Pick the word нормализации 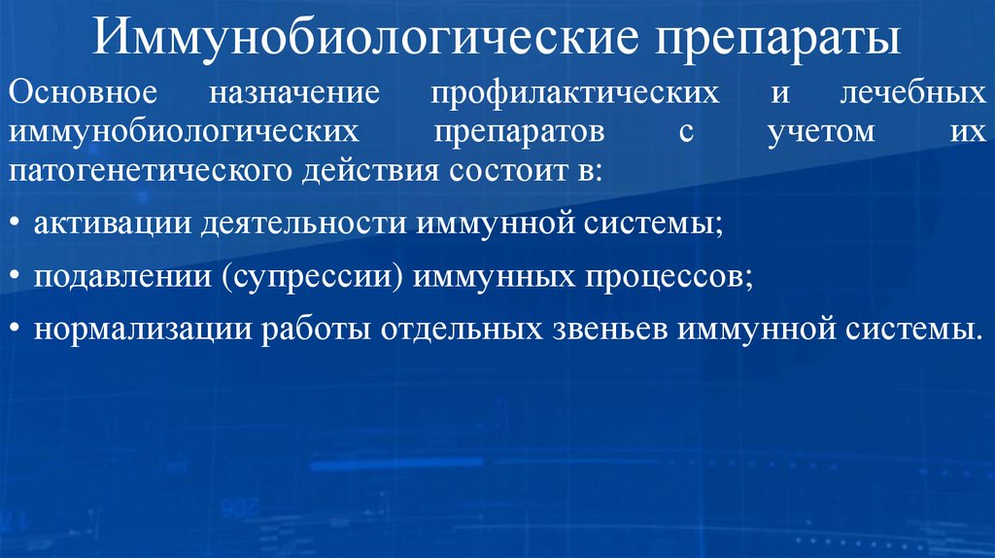click(x=140, y=329)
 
